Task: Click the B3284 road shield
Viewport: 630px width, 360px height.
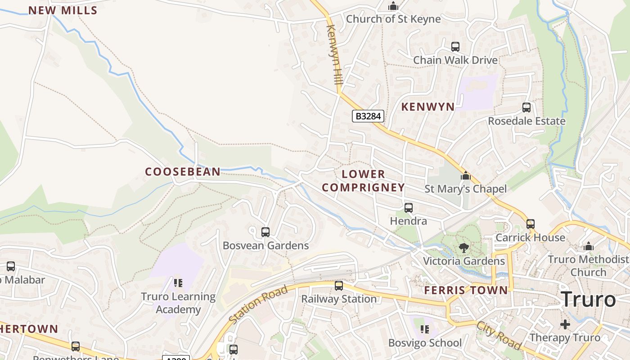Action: click(368, 116)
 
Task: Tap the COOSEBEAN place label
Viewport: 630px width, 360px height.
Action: click(183, 171)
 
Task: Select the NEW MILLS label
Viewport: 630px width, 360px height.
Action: click(63, 10)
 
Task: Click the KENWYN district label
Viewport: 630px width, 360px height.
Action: click(427, 107)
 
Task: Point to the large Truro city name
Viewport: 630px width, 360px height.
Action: click(589, 299)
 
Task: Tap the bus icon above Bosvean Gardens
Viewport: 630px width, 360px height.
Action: click(265, 232)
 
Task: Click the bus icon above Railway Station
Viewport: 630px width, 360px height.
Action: click(339, 286)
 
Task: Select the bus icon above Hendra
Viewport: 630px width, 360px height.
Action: click(409, 208)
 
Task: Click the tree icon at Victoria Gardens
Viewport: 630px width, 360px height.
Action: click(463, 247)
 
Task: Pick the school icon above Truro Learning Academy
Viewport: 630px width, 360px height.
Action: click(178, 283)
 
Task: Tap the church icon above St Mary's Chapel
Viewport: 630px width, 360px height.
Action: click(466, 175)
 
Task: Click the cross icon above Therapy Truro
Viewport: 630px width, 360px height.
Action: click(565, 324)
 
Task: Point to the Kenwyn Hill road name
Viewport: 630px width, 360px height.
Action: click(334, 55)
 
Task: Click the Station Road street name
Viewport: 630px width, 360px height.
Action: click(257, 304)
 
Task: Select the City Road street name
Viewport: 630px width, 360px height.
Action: click(499, 335)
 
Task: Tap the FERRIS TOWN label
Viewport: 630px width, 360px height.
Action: click(466, 290)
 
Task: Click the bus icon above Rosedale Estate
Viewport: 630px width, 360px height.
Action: click(526, 108)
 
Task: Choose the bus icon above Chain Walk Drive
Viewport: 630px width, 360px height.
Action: click(455, 47)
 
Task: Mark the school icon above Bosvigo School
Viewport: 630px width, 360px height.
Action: click(424, 330)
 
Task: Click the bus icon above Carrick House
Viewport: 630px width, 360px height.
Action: click(531, 224)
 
